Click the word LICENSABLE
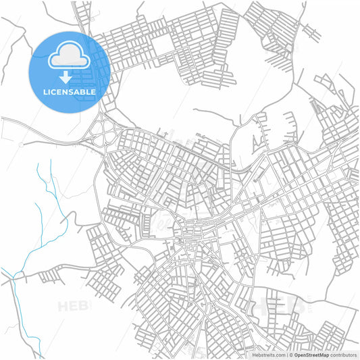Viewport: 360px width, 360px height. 69,91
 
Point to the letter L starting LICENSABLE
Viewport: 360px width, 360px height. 45,91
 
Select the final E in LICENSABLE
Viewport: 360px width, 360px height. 93,91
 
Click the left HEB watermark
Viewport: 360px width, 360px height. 74,307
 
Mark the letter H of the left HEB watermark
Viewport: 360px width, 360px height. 63,307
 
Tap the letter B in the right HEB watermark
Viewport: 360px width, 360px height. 299,305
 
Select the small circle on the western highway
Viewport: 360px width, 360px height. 22,144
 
